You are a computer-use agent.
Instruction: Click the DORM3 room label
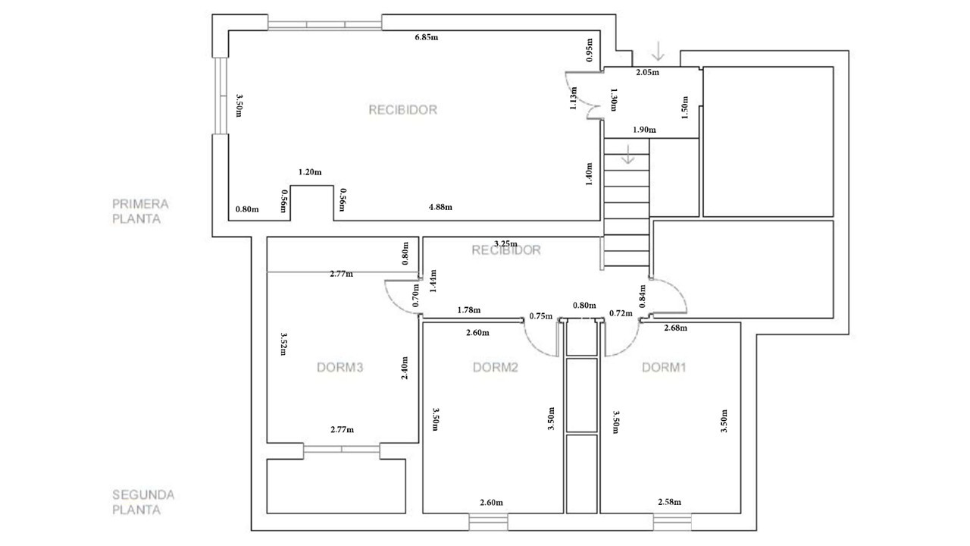340,368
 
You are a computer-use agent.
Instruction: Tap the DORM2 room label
496,368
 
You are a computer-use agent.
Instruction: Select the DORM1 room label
664,368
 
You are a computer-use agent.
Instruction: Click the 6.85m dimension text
427,37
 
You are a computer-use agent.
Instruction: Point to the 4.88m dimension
440,207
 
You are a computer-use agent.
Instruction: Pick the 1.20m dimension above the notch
310,172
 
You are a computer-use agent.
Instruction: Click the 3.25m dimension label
505,243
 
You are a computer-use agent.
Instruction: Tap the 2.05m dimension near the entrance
647,72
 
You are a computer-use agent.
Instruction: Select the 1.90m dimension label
644,130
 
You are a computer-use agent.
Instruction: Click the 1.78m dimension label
469,310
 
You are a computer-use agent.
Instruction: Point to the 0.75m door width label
541,316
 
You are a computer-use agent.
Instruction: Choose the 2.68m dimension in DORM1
675,328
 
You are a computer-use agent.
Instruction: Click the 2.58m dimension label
669,502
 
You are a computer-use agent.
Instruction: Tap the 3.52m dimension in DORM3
283,344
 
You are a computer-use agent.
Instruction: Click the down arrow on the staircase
628,154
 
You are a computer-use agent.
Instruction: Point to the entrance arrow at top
659,51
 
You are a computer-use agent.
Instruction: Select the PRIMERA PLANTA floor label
140,212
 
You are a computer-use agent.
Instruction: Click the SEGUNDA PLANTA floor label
143,502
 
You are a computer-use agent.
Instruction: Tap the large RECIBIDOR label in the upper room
402,110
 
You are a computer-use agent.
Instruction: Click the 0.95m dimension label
590,50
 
